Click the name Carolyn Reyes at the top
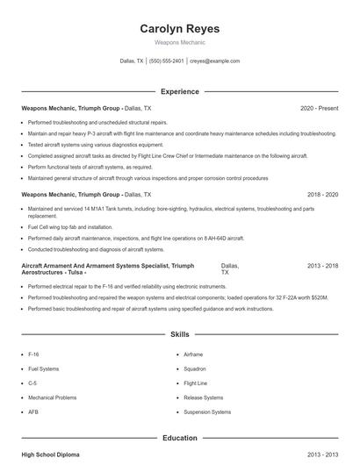179,29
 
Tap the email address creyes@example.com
214,61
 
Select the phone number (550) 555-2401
166,61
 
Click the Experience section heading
179,91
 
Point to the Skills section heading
179,335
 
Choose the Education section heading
179,437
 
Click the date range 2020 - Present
319,108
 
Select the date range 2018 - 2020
322,194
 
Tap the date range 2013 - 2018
322,265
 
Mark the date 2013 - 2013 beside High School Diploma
322,454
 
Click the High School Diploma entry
51,454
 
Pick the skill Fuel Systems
44,368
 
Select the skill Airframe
193,354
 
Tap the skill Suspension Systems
207,411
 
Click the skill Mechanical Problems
53,397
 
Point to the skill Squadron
195,368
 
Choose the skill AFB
33,411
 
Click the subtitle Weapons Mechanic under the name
179,42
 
